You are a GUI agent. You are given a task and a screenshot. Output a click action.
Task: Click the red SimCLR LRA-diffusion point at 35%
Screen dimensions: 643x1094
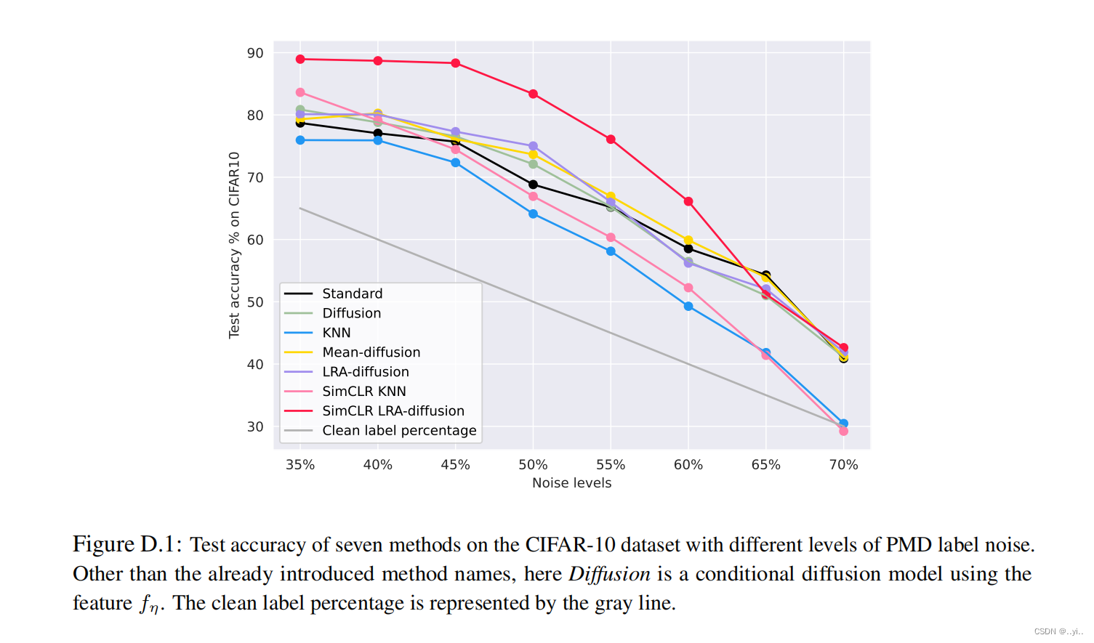pos(300,59)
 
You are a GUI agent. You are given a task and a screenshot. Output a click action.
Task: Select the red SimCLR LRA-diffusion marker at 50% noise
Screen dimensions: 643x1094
pos(533,94)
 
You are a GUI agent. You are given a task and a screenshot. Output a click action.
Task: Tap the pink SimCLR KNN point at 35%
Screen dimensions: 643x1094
pos(300,92)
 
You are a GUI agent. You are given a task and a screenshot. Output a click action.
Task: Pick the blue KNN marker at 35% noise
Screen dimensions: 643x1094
pos(300,140)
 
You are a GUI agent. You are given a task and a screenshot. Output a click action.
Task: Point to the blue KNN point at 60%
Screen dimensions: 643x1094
pos(688,307)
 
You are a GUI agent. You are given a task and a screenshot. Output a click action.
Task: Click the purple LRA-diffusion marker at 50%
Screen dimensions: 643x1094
pos(533,146)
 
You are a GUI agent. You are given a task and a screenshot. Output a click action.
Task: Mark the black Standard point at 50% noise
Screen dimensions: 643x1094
pos(533,185)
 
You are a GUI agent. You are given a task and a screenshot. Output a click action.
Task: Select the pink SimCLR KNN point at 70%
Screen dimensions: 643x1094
pos(843,431)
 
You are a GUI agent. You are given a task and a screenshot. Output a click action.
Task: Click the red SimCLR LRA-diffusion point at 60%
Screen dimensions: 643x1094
pos(688,201)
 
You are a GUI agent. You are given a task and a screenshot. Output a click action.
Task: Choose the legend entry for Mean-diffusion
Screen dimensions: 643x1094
pos(371,352)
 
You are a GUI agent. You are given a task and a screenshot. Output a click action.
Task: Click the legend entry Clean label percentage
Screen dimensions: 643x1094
pos(399,430)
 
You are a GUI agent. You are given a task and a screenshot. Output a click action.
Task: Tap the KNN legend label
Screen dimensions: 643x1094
pos(337,333)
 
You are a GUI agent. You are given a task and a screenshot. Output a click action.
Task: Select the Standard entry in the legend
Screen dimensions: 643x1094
pos(352,294)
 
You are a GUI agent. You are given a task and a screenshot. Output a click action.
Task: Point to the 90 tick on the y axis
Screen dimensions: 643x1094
pos(255,53)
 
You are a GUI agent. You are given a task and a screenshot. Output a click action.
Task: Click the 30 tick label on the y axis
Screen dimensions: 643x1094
pos(255,426)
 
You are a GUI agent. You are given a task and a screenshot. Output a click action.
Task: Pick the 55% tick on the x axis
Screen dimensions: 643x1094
pos(611,465)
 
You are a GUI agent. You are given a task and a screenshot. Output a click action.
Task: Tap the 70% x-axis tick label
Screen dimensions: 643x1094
pos(843,465)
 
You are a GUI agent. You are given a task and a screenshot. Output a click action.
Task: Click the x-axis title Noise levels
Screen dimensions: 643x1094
pos(571,483)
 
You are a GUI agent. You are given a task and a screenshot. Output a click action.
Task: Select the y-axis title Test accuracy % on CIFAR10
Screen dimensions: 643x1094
pos(234,245)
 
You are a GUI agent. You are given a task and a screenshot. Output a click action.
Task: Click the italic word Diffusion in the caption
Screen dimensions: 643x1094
pos(609,574)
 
